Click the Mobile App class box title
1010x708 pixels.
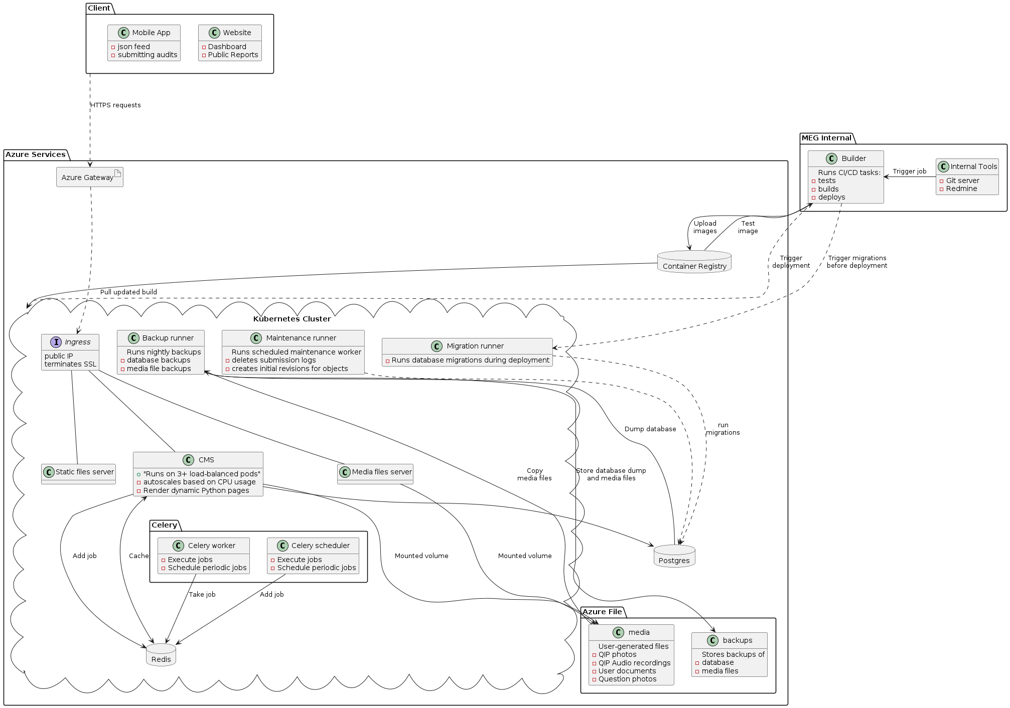tap(151, 33)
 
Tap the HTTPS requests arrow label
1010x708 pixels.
tap(115, 105)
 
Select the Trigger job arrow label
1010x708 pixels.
tap(909, 171)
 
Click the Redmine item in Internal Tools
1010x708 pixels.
tap(961, 189)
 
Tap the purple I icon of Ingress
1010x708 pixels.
tap(56, 342)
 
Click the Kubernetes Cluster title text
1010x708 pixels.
tap(292, 319)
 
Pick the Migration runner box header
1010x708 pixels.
tap(475, 346)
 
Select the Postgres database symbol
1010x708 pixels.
tap(674, 556)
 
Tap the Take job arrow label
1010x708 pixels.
tap(202, 595)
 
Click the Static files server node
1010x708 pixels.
tap(79, 472)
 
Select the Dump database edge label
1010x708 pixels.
tap(650, 429)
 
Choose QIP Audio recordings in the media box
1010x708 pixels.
tap(634, 663)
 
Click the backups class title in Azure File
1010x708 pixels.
tap(737, 640)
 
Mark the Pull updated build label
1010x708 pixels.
tap(128, 292)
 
